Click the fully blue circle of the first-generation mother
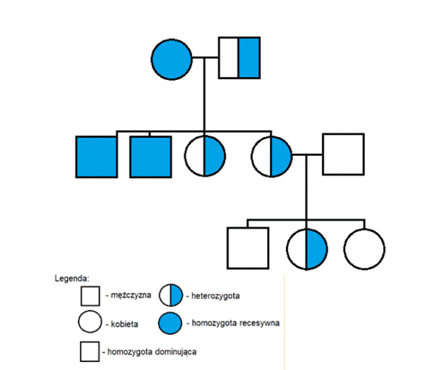172,58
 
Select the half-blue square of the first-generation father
239,58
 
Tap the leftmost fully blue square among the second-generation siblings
96,157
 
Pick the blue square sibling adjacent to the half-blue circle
150,157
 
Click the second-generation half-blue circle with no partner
205,157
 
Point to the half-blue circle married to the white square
271,157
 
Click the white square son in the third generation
247,248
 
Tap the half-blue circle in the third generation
307,248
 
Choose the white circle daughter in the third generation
364,248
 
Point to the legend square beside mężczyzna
90,295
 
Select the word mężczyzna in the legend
127,295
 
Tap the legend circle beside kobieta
90,323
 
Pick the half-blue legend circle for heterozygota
170,295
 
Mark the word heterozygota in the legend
217,295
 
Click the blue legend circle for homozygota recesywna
170,323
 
